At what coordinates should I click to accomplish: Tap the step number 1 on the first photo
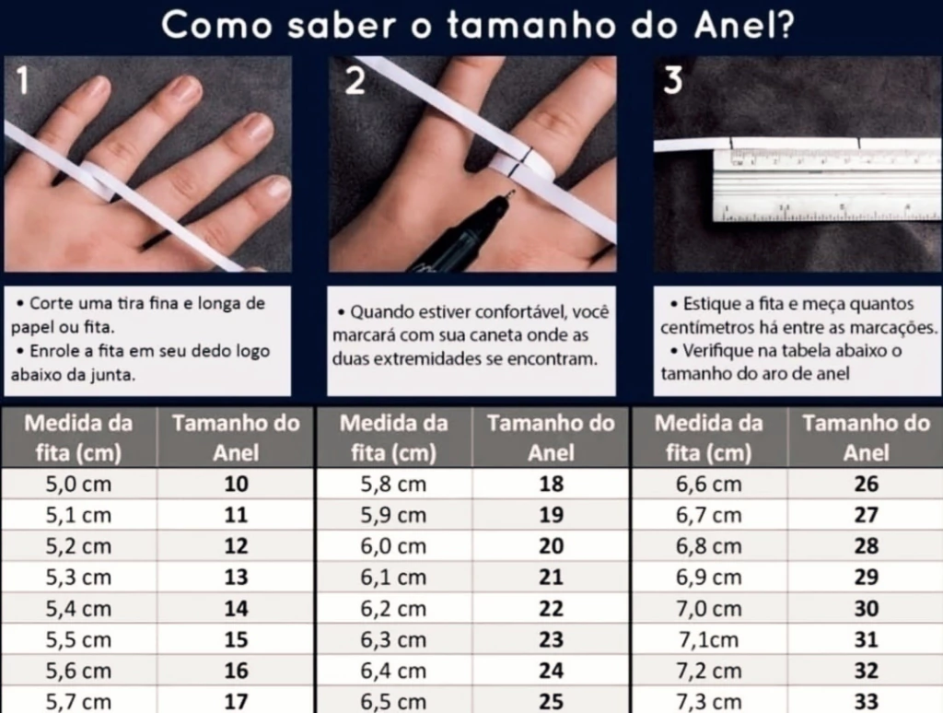22,81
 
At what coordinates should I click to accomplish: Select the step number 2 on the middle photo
355,81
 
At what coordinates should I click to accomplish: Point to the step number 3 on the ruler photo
673,81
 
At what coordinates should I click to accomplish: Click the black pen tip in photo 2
510,193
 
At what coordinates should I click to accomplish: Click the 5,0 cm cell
79,484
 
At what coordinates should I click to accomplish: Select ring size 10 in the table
237,484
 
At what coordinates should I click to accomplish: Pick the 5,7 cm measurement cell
79,702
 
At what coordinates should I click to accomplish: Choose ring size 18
552,484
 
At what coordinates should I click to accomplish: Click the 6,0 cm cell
393,546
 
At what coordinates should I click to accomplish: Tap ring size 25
552,702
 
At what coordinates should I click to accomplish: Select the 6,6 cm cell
708,484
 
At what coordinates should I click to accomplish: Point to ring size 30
867,608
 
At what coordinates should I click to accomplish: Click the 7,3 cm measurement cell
708,702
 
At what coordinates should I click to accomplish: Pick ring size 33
867,702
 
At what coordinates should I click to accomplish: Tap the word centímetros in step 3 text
705,328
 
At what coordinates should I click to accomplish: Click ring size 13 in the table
237,577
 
